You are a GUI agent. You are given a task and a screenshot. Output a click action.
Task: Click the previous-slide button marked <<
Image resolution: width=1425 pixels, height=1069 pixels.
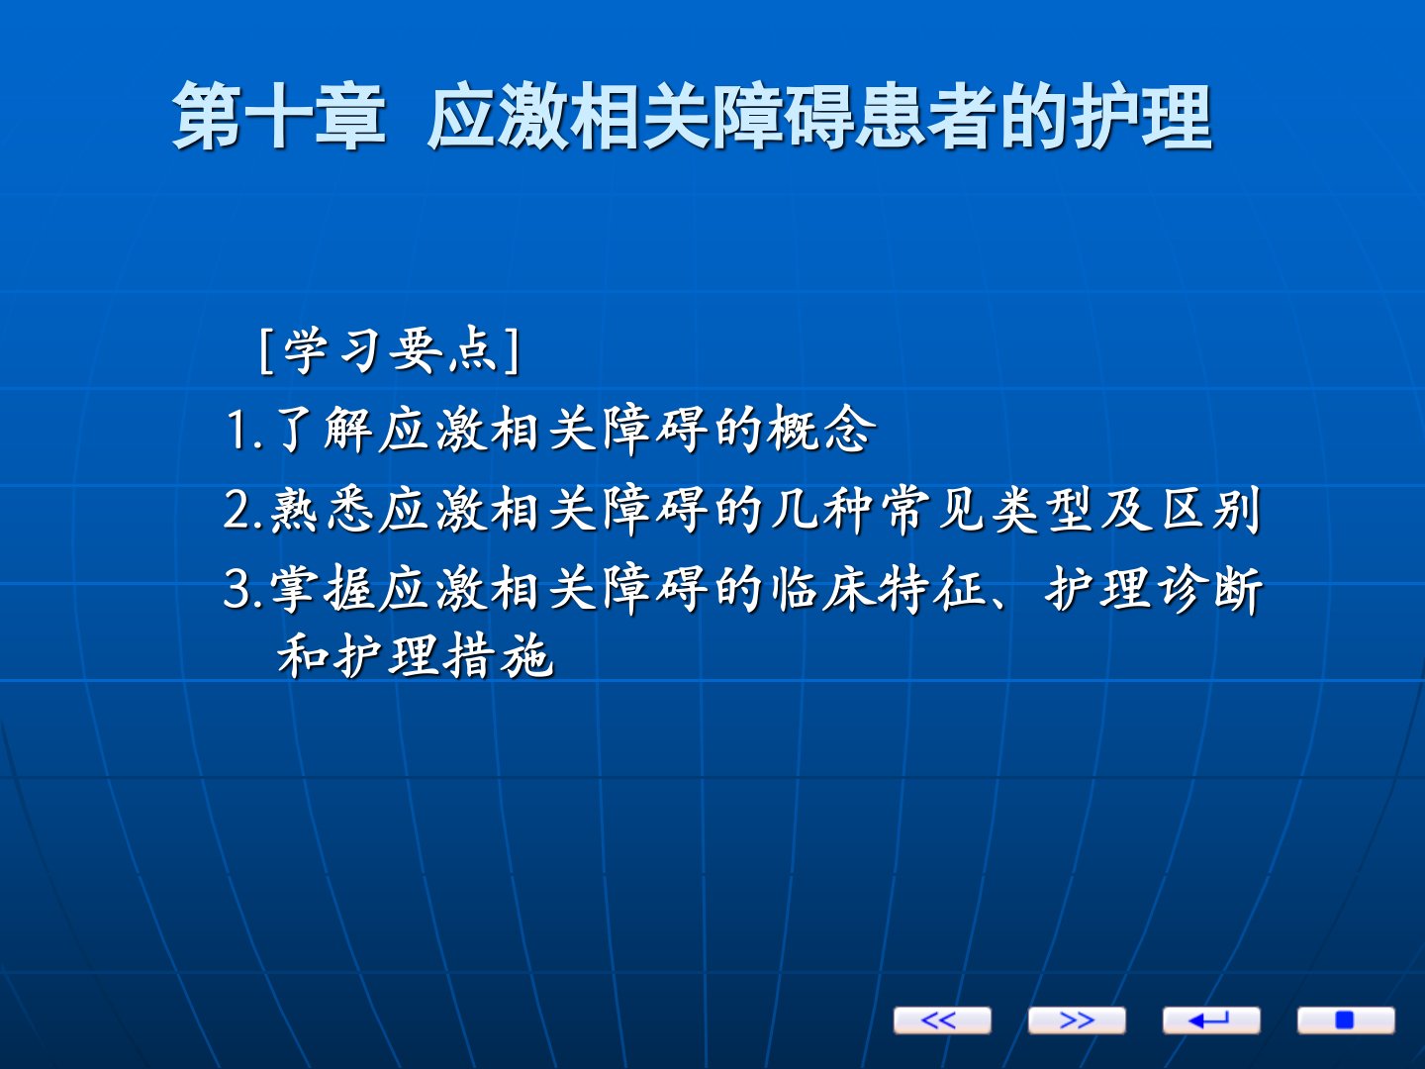tap(942, 1020)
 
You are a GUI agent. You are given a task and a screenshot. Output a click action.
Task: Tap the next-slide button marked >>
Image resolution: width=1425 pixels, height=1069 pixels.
tap(1077, 1020)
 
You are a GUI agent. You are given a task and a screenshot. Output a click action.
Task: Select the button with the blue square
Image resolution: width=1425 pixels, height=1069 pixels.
tap(1346, 1020)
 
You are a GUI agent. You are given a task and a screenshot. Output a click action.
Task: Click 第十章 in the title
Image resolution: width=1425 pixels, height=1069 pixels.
tap(279, 116)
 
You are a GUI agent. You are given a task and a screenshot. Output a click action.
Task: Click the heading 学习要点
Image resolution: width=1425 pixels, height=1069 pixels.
tap(390, 350)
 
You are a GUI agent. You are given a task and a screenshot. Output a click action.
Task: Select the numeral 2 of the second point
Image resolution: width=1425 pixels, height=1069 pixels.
tap(238, 510)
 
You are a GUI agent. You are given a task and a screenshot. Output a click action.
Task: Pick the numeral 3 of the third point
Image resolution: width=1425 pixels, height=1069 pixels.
tap(238, 589)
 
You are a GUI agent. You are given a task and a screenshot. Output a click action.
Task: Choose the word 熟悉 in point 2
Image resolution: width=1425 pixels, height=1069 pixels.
tap(322, 509)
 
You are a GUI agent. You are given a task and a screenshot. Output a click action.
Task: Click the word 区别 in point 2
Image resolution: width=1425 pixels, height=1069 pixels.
tap(1211, 509)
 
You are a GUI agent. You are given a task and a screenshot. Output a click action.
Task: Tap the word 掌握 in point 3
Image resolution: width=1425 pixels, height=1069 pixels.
tap(322, 589)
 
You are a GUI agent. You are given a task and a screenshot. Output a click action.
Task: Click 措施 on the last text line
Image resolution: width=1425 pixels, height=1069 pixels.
tap(499, 655)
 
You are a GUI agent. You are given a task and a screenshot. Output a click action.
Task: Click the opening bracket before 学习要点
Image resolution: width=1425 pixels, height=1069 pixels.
tap(264, 351)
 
